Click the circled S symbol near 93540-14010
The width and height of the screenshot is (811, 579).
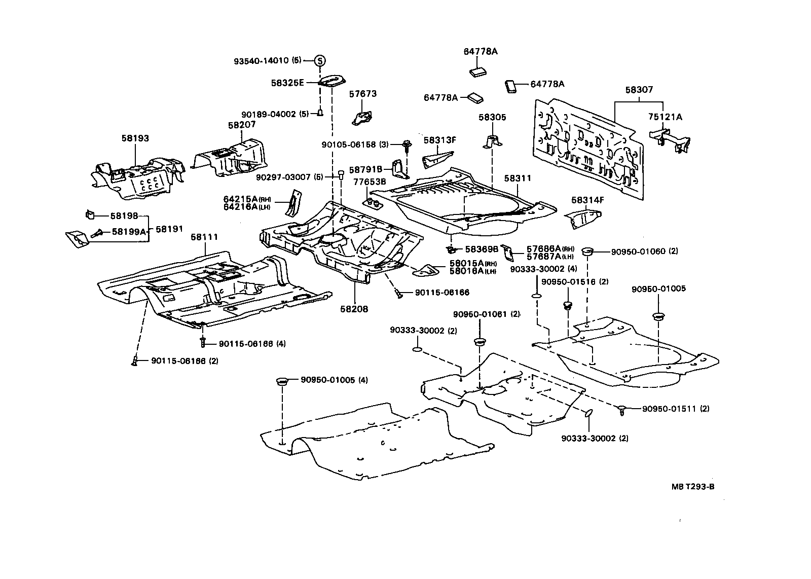pos(320,60)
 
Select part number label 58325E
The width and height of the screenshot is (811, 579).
pos(287,83)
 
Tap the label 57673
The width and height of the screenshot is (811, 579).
pos(363,94)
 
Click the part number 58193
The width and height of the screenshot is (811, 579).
pos(135,138)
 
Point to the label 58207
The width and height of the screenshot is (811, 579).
pos(242,124)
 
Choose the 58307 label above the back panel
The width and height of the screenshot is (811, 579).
pos(639,90)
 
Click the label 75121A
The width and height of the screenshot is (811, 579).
pos(665,117)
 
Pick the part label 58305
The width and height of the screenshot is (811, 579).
pos(492,117)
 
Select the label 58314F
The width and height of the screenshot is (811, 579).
pos(587,200)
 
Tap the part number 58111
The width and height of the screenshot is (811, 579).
pos(205,237)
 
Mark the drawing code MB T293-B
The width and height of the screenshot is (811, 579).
pos(693,487)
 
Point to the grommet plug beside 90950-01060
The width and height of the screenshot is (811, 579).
pos(587,251)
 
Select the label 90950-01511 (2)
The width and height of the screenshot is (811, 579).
pos(676,409)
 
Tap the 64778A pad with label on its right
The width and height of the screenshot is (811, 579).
pos(511,86)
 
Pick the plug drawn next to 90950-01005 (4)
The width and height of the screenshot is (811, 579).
pos(282,381)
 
